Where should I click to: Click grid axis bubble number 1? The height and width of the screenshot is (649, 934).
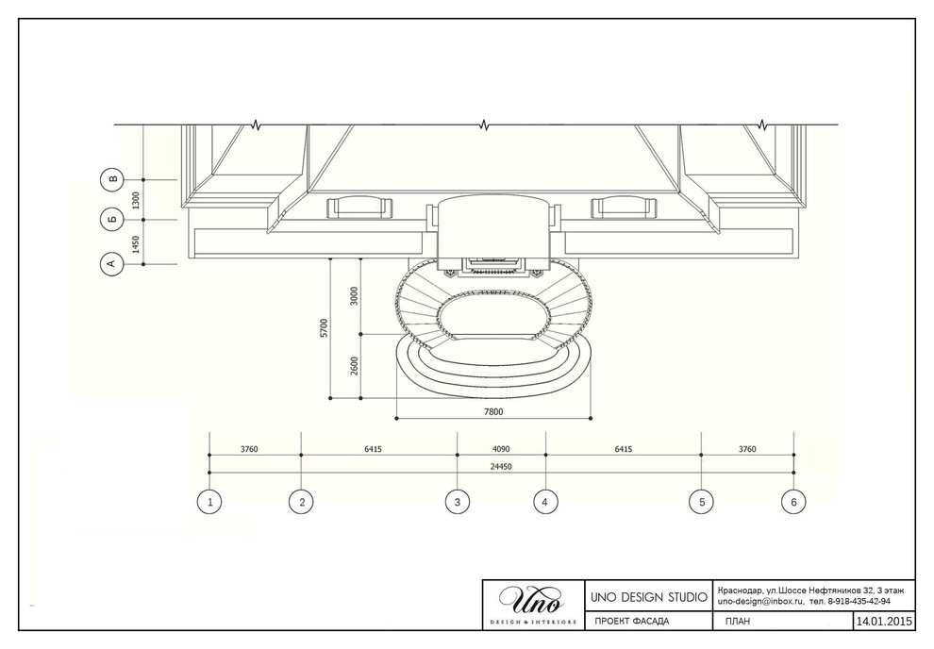point(209,502)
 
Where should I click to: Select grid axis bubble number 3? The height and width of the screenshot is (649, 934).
point(458,502)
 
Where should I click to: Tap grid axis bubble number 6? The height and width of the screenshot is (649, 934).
point(793,502)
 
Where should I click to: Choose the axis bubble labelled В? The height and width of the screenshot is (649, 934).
point(113,179)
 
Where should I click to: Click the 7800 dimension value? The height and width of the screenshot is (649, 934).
point(493,411)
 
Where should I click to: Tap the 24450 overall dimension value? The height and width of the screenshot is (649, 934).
point(501,467)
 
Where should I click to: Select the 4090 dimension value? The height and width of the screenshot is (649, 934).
point(501,449)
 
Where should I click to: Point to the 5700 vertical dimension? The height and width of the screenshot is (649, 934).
point(324,328)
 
